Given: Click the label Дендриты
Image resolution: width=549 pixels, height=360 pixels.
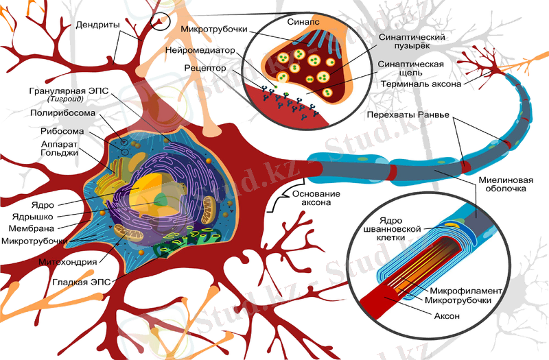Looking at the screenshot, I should pos(102,25).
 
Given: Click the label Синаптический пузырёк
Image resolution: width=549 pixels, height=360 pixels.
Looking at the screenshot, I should pos(409,40).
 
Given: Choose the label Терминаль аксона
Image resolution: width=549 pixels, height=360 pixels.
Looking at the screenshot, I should pos(421,84).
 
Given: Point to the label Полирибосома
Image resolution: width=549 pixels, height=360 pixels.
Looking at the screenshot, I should pos(68,112).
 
